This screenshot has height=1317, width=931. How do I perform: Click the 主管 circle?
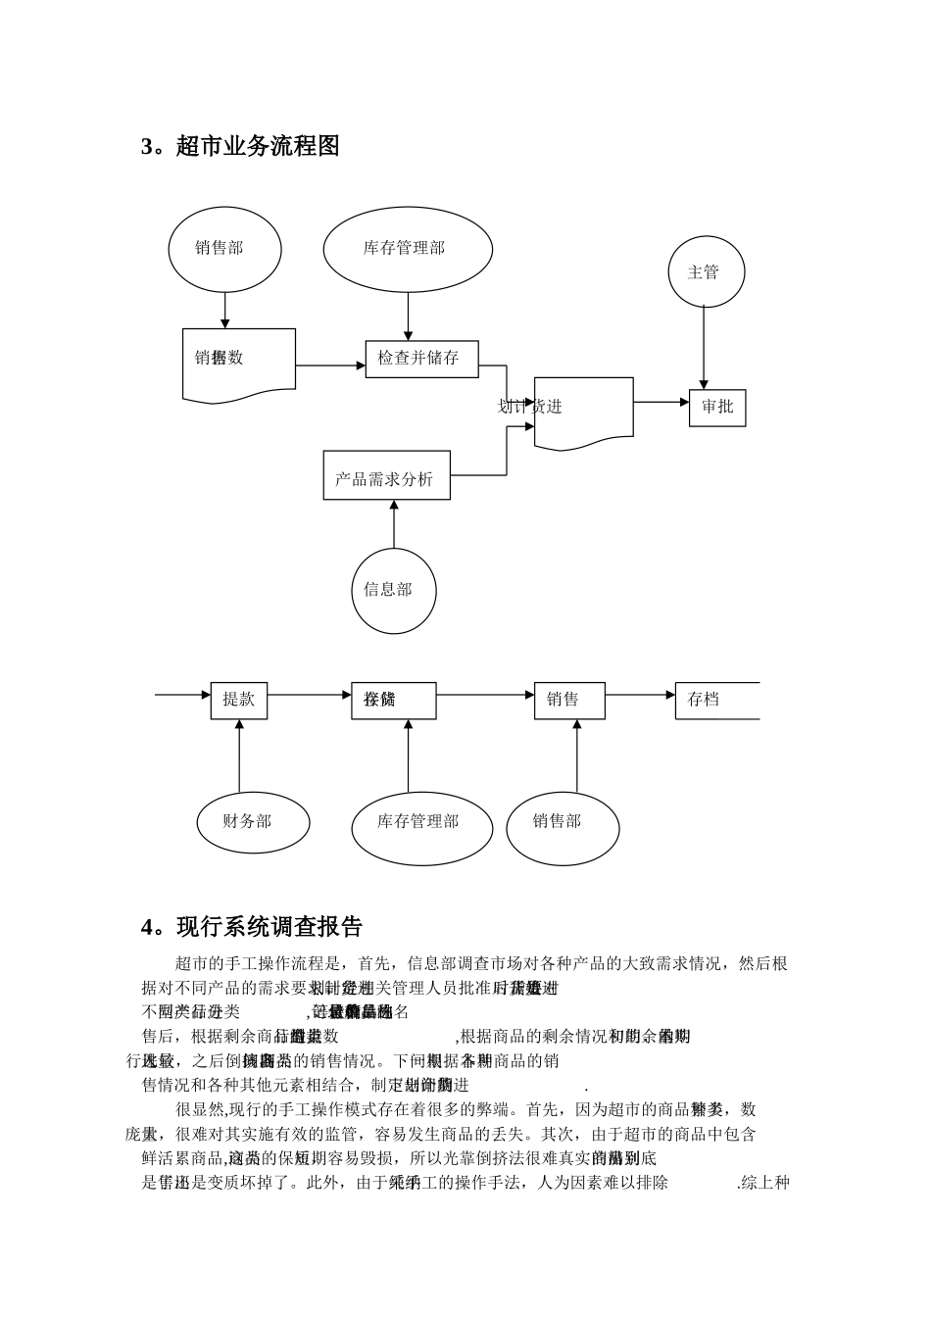click(704, 271)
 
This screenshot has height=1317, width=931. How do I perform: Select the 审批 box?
click(717, 407)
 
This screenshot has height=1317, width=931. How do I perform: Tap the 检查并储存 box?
click(419, 358)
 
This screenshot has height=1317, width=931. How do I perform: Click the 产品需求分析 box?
click(386, 478)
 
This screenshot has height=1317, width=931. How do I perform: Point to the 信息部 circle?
click(393, 590)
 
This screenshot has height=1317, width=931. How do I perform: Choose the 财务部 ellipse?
click(252, 821)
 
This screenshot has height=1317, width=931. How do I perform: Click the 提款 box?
click(239, 700)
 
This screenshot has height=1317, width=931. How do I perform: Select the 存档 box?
click(715, 700)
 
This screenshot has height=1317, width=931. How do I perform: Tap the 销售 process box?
click(568, 700)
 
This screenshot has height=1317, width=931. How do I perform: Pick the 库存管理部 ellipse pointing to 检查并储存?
click(407, 249)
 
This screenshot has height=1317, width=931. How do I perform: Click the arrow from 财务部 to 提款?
click(239, 755)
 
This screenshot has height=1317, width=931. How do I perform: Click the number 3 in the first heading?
click(148, 147)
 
